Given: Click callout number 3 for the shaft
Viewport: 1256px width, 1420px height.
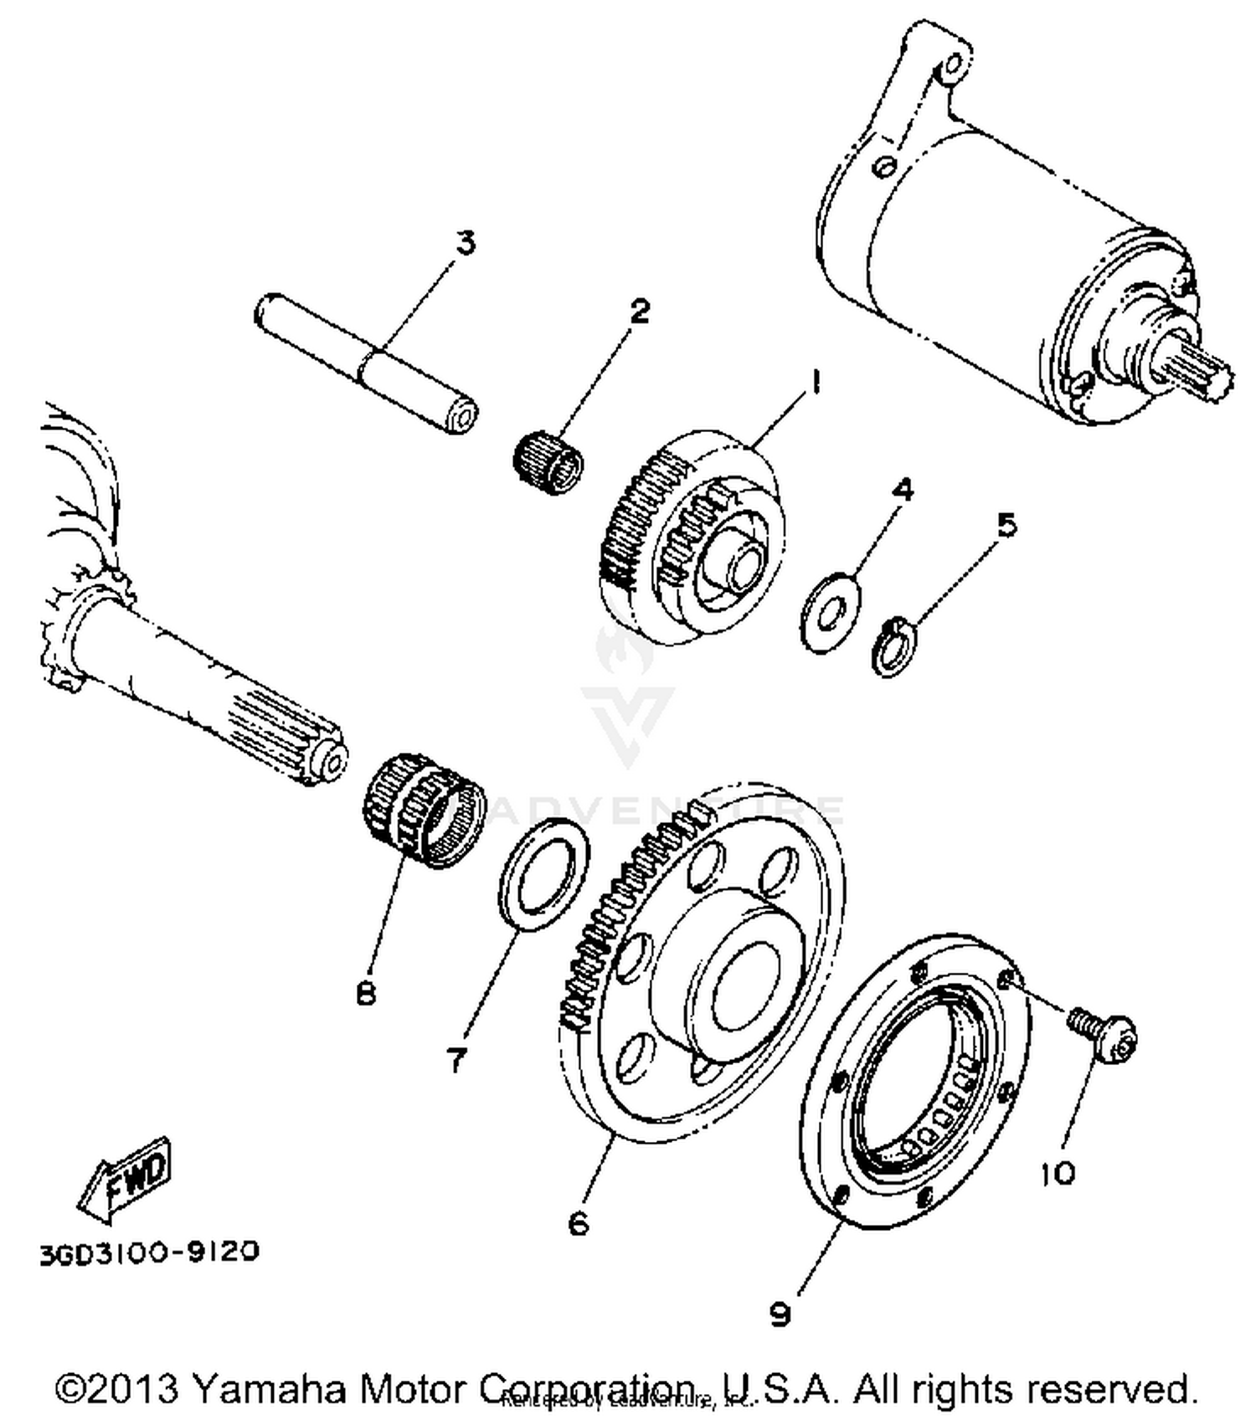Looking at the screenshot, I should [x=465, y=243].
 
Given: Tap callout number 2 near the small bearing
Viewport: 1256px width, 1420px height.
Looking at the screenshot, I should [x=639, y=311].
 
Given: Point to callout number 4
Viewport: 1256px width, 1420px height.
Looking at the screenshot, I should [x=901, y=490].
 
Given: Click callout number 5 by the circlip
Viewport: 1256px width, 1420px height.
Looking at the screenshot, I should [x=1006, y=525].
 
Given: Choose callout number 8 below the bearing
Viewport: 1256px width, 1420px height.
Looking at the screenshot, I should [x=366, y=994].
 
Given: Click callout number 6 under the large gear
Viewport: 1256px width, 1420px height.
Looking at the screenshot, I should [x=578, y=1223].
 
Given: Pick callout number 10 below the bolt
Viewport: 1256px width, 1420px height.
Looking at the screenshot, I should [x=1058, y=1174].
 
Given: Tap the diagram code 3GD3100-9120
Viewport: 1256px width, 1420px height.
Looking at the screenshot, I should [x=149, y=1253].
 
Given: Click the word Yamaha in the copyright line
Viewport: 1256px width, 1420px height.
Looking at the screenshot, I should [x=270, y=1388].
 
